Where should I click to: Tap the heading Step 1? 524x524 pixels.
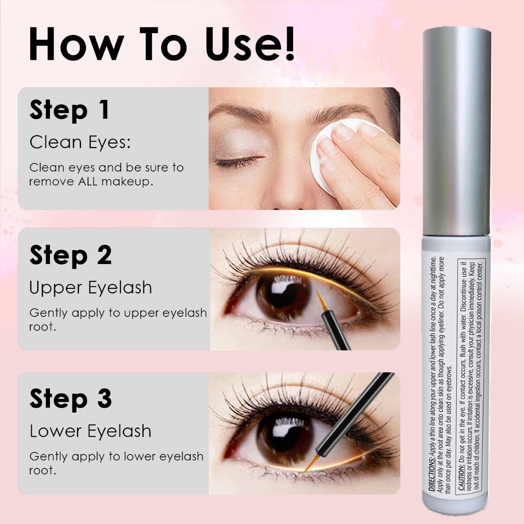click(x=70, y=110)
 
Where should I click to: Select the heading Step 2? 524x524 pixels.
click(x=70, y=255)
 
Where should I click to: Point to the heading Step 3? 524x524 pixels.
click(x=70, y=399)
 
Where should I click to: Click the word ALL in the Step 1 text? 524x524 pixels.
click(x=88, y=181)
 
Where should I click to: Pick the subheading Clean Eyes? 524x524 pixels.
click(x=80, y=142)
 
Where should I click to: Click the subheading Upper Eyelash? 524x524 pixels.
click(x=90, y=287)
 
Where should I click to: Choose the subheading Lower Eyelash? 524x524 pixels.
click(x=90, y=431)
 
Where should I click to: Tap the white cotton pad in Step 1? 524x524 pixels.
click(x=323, y=156)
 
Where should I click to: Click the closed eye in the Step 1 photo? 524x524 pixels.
click(x=239, y=162)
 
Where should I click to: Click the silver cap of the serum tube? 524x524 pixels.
click(x=456, y=135)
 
